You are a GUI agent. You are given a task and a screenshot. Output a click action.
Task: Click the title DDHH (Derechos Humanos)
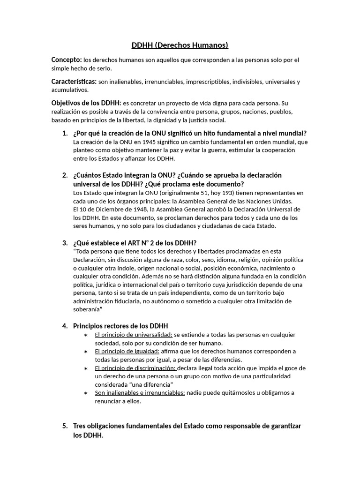point(180,45)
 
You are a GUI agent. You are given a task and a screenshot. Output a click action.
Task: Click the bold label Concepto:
point(66,60)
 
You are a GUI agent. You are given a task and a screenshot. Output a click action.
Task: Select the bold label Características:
point(74,82)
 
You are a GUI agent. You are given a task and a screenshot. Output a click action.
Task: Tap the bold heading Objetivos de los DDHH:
point(86,103)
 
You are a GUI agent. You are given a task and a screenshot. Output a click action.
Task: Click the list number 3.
point(65,243)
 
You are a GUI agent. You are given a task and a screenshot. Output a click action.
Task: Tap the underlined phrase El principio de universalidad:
point(134,335)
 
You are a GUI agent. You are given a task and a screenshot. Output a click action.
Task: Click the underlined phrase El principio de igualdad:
point(127,351)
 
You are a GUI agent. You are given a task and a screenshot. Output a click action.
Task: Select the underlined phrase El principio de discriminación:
point(135,368)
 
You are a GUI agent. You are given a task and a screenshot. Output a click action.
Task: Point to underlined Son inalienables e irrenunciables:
point(140,393)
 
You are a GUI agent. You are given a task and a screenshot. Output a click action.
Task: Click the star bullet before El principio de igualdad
point(85,352)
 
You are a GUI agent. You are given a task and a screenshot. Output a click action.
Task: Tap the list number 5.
point(65,426)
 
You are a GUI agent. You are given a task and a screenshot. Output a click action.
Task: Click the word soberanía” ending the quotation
point(88,309)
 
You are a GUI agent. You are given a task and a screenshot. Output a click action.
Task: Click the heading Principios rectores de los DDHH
point(120,326)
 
